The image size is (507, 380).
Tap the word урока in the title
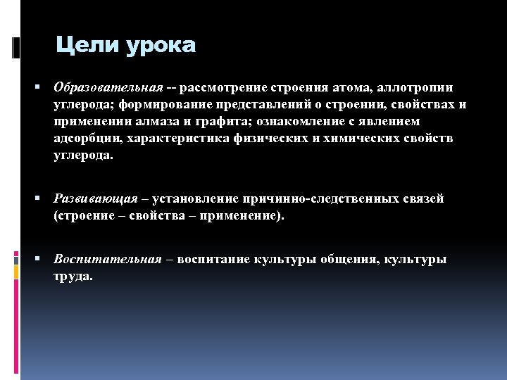(160, 46)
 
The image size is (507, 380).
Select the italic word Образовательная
(108, 87)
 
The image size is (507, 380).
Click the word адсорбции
(85, 139)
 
